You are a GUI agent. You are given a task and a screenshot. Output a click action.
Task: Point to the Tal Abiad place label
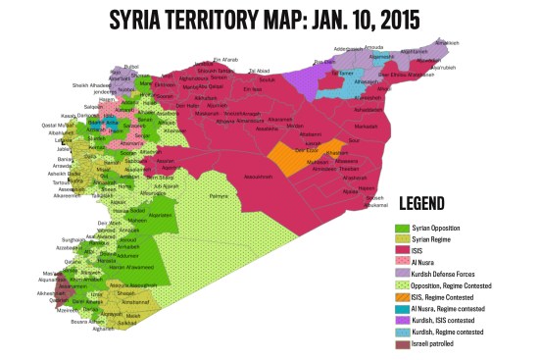point(259,71)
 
